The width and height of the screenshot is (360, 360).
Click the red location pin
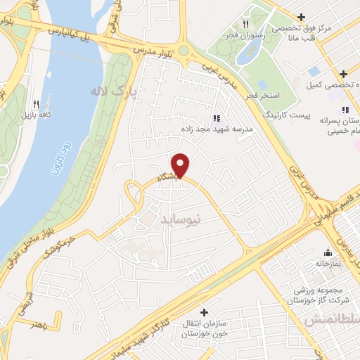click(181, 165)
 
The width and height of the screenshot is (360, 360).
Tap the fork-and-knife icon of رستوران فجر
click(245, 24)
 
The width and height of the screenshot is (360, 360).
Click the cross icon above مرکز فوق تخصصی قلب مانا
click(301, 17)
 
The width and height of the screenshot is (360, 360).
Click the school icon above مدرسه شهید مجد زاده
click(216, 118)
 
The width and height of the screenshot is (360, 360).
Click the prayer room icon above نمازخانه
click(327, 253)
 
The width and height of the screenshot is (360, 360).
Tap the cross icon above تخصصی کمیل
click(342, 74)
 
